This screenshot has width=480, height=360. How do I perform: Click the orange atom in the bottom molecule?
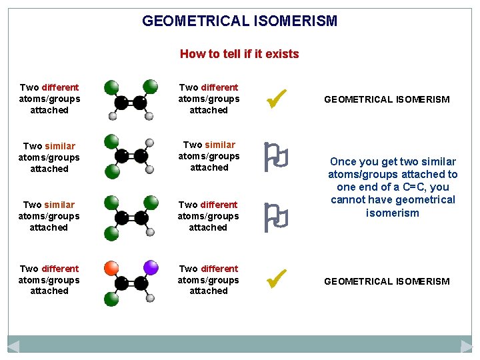[113, 268]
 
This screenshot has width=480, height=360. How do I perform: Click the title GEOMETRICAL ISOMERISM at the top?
[240, 21]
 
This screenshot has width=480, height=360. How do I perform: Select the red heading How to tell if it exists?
[239, 54]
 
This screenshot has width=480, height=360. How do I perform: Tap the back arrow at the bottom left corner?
[13, 346]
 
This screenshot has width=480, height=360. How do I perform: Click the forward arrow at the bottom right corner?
[467, 346]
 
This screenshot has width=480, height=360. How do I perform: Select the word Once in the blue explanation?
[343, 161]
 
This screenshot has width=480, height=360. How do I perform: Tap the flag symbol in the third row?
[275, 217]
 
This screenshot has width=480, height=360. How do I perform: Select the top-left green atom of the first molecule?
[111, 87]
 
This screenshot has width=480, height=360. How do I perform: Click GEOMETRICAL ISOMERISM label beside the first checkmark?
[387, 99]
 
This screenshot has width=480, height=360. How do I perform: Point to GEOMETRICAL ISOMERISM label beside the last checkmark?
[387, 281]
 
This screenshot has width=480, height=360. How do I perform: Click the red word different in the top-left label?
[60, 87]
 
